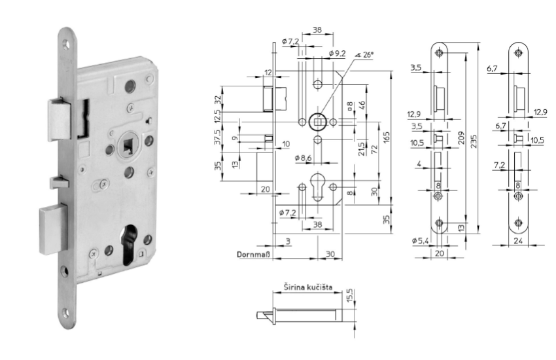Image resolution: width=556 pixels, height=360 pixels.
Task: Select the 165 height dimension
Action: pyautogui.click(x=387, y=138)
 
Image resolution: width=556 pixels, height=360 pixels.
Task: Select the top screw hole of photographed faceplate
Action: pyautogui.click(x=66, y=45)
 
